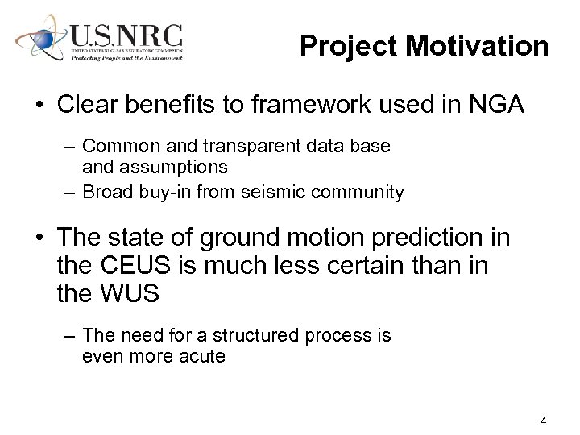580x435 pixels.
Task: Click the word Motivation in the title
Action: [x=477, y=46]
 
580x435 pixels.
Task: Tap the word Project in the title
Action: [x=350, y=46]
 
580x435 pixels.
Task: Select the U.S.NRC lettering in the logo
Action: [x=126, y=37]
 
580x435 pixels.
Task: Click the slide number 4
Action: [x=545, y=420]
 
